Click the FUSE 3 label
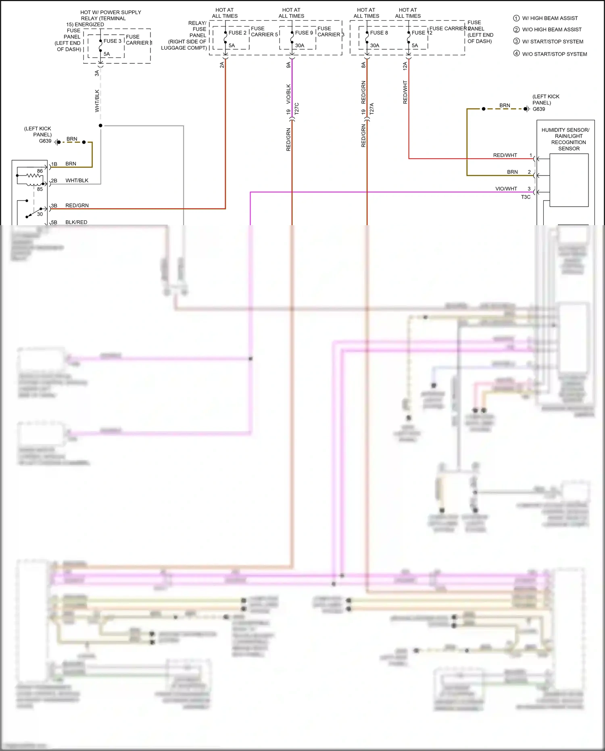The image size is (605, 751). click(112, 41)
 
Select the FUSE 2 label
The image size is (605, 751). click(237, 33)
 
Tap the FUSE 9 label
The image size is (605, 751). click(304, 33)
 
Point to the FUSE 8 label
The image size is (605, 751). click(379, 33)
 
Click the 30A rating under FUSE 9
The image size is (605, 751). click(299, 46)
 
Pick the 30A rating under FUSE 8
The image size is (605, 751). click(374, 46)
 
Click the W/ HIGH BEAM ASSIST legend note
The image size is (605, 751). click(549, 18)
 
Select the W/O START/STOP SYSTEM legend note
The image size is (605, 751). click(554, 54)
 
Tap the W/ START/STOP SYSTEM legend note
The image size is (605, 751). click(552, 42)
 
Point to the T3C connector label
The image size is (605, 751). click(526, 197)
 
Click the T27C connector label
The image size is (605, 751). click(297, 109)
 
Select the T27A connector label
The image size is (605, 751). click(372, 109)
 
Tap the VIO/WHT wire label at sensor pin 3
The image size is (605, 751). click(506, 188)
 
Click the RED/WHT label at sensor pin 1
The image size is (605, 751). click(505, 155)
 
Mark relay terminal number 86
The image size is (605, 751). click(40, 171)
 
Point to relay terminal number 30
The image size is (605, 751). click(40, 214)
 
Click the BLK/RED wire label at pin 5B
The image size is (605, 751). click(76, 222)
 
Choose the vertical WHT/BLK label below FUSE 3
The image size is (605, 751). click(97, 100)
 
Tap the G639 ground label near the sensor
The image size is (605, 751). click(538, 109)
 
